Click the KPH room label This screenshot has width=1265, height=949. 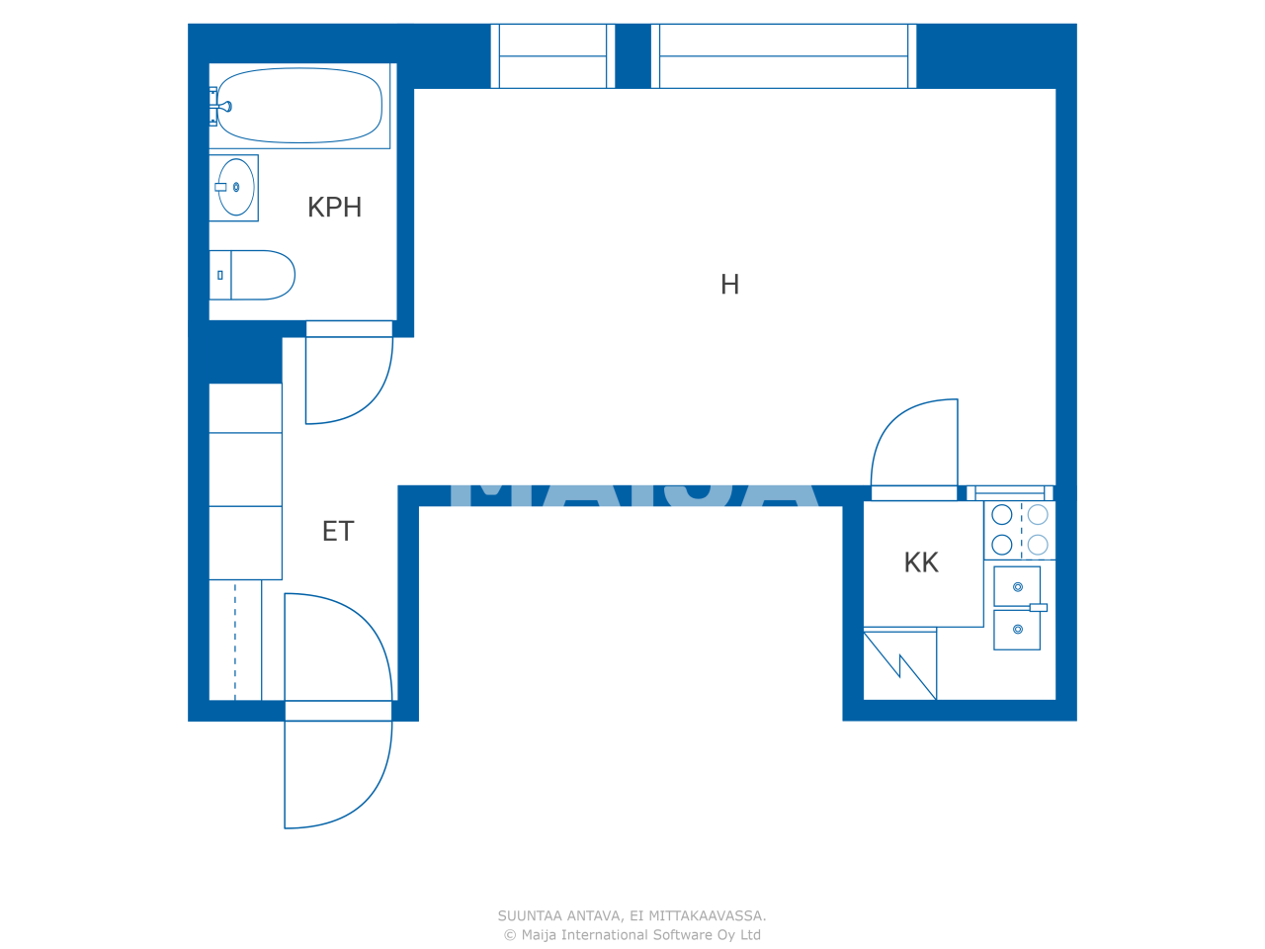point(334,208)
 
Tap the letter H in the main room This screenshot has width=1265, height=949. point(729,286)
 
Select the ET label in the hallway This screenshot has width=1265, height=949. point(337,532)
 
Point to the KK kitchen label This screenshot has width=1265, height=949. point(920,562)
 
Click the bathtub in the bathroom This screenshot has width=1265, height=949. point(299,106)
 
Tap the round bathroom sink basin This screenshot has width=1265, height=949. point(236,187)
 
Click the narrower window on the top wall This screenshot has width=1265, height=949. point(552,56)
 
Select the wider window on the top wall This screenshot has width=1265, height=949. point(783,56)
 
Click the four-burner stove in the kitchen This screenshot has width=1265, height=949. point(1019,530)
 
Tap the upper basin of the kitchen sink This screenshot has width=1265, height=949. point(1017,586)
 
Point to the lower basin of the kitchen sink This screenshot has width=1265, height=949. point(1017,630)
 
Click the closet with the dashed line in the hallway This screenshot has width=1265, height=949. point(235,641)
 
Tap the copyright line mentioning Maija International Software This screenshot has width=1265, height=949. point(632,935)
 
